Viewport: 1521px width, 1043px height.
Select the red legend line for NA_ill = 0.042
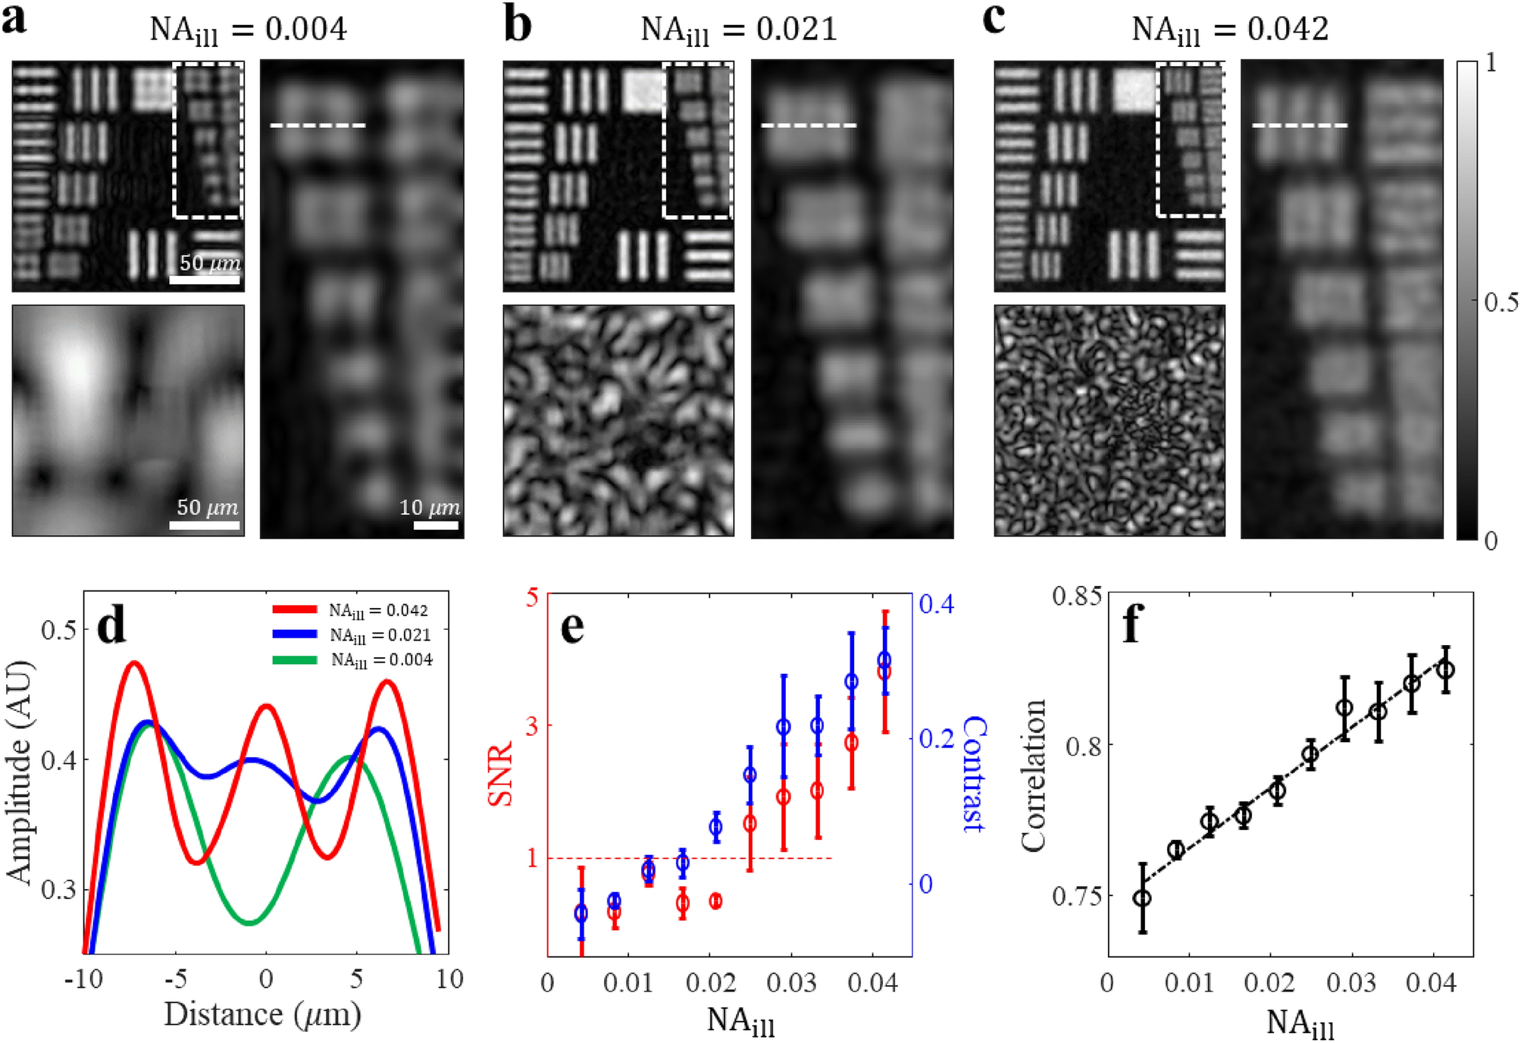point(295,609)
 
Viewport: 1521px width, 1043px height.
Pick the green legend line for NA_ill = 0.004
point(295,659)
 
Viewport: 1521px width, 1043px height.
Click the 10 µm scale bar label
point(429,507)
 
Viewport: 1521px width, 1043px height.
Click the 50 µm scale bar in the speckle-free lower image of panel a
point(205,525)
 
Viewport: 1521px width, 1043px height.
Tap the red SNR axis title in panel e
point(500,774)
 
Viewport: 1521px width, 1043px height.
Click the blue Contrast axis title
point(973,774)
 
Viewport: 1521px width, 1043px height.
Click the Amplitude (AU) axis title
point(20,772)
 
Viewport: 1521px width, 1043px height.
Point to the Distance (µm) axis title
point(262,1014)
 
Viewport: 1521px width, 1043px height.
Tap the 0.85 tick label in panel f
point(1076,597)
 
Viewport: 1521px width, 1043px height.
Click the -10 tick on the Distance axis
point(83,979)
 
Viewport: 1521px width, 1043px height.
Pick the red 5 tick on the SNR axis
point(531,598)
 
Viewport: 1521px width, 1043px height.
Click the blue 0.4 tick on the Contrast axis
point(936,604)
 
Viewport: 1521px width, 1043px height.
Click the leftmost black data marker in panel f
point(1142,898)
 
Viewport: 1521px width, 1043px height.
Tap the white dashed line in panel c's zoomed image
point(1300,125)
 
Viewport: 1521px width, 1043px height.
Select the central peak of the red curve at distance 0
point(266,706)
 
